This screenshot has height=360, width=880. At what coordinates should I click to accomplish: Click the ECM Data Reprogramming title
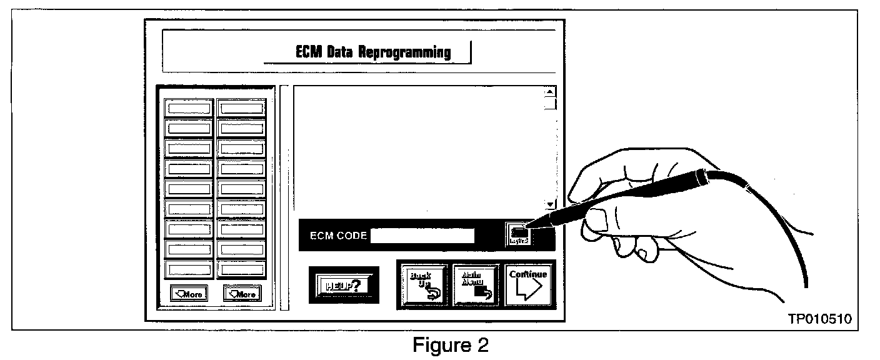click(x=373, y=52)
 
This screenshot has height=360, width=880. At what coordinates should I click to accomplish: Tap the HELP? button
click(x=343, y=285)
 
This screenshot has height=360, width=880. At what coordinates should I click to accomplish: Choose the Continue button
click(x=528, y=284)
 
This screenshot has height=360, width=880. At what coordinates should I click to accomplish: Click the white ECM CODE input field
click(x=422, y=236)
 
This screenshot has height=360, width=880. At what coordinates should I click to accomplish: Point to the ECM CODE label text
click(x=338, y=236)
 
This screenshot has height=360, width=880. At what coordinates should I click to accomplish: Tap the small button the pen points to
click(x=519, y=234)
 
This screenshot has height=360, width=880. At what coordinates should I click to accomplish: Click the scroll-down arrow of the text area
click(x=550, y=204)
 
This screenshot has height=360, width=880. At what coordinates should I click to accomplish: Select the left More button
click(x=189, y=293)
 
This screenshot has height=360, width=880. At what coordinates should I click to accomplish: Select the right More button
click(x=242, y=293)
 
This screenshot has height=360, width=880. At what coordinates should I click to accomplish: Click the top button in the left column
click(x=189, y=107)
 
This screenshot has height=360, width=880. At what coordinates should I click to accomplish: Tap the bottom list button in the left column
click(x=189, y=270)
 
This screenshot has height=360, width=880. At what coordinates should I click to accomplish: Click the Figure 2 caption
click(x=450, y=344)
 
